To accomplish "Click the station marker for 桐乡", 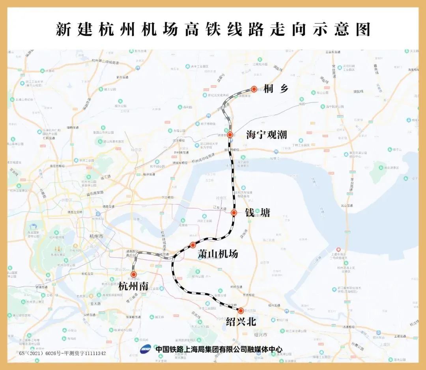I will coord(254,89).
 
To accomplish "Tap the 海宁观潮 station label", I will coord(266,134).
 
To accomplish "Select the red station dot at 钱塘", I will coord(234,213).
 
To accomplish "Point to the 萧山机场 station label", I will coord(218,254).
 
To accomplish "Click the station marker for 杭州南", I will coord(134,274).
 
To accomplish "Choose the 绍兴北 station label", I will coord(241,322).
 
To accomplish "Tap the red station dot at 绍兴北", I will coord(241,311).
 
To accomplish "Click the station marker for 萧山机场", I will coord(193,245).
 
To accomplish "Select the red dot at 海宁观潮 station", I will coord(230,135).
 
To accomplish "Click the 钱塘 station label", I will coord(258,213).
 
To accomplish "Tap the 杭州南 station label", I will coord(133,286).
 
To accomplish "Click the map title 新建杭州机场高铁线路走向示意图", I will coord(213,30).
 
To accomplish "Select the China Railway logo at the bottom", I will coord(146,349).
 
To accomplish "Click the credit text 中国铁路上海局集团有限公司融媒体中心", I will coord(219,349).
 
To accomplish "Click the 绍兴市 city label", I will coord(261,335).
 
